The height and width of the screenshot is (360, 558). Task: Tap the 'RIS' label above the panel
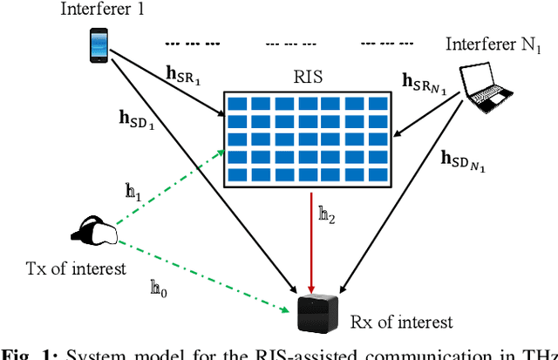(307, 77)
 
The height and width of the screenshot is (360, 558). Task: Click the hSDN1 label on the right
(463, 160)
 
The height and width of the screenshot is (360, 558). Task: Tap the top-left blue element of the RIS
(235, 103)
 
